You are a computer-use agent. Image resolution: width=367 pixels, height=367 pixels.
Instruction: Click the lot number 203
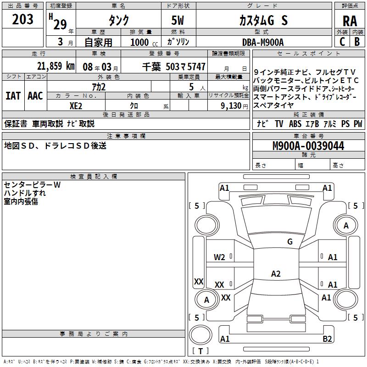(x=23, y=19)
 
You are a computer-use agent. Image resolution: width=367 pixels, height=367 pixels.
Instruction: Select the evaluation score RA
(x=350, y=21)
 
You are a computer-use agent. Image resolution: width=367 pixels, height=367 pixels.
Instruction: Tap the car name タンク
(x=118, y=21)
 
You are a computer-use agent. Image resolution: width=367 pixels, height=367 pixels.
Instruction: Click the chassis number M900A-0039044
(x=308, y=146)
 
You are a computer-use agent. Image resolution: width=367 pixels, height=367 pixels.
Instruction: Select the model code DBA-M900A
(x=263, y=42)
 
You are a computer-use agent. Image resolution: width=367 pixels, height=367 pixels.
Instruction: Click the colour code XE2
(x=76, y=105)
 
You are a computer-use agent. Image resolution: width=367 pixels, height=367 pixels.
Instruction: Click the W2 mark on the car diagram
(x=219, y=257)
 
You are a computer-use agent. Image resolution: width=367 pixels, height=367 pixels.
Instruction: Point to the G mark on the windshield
(x=289, y=242)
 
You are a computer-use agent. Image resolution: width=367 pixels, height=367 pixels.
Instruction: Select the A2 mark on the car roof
(x=276, y=274)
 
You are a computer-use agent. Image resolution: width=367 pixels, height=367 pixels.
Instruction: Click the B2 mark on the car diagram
(x=327, y=339)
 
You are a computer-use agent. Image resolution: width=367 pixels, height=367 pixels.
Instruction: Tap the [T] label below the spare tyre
(x=200, y=351)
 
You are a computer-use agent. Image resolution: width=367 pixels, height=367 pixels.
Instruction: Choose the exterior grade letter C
(x=342, y=42)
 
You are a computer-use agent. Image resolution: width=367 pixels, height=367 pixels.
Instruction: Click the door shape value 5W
(x=178, y=21)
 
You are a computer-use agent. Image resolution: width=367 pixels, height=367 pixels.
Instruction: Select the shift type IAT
(x=13, y=95)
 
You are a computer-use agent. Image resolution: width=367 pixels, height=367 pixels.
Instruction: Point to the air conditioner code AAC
(x=35, y=95)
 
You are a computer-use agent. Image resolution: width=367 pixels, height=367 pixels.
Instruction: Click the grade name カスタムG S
(x=263, y=21)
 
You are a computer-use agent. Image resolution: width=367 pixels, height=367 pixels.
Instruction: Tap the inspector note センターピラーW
(x=32, y=185)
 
